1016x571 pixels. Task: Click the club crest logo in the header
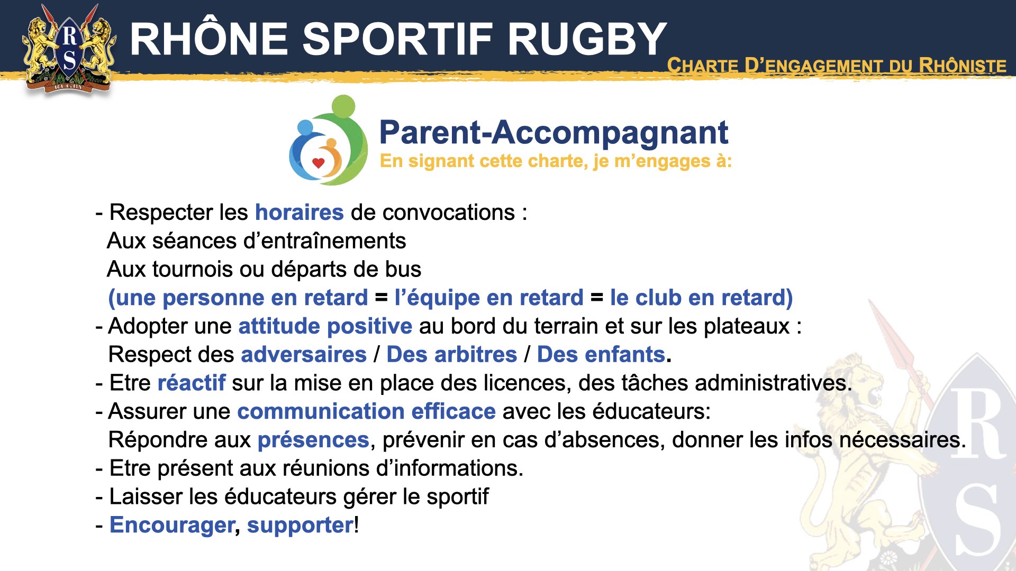pos(69,50)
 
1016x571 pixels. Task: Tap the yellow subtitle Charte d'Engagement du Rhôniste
pos(837,66)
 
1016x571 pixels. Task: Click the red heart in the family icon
pos(318,163)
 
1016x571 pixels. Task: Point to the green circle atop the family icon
pos(343,107)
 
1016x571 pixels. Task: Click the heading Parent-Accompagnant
pos(554,132)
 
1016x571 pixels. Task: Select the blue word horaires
pos(300,213)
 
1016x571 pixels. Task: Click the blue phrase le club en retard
pos(701,298)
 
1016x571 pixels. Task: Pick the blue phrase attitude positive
pos(325,326)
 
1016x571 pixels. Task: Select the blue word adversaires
pos(304,355)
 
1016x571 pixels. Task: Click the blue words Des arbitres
pos(452,355)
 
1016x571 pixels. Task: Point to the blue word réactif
pos(192,383)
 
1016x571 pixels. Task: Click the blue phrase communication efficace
pos(367,411)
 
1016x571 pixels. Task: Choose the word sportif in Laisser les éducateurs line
pos(458,497)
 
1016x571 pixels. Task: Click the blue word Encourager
pos(173,526)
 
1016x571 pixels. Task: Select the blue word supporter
pos(300,526)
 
